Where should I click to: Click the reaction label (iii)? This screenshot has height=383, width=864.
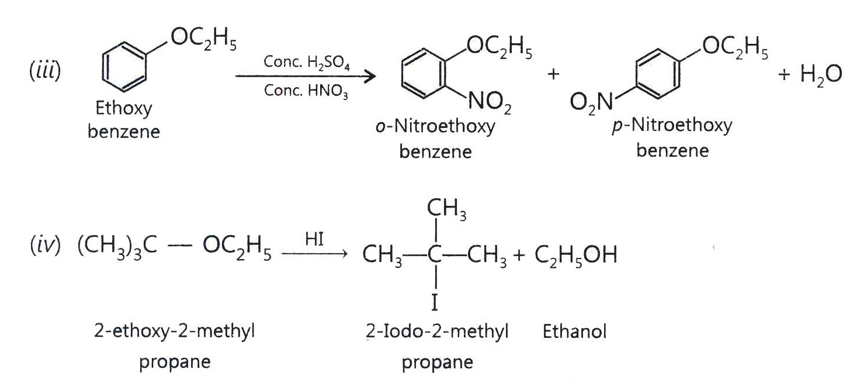point(45,71)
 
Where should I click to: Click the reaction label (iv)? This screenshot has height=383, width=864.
point(46,246)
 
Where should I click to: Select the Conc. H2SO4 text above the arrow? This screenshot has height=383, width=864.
point(307,63)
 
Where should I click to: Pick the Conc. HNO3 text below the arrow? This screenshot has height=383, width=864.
point(306,91)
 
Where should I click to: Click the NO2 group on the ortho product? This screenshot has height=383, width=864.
point(490,103)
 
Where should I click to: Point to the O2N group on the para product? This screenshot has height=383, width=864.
point(591,103)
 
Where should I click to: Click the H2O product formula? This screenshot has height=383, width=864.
point(821,74)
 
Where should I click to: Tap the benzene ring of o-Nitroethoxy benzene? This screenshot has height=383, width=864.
point(402,73)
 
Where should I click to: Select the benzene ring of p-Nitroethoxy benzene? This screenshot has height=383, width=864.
point(636,73)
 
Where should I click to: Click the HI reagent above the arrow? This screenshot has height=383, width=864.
point(314,239)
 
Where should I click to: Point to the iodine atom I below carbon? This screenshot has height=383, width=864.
point(435,302)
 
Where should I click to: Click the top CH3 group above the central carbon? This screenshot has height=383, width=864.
point(446,209)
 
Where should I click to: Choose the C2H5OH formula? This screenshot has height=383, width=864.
point(576,255)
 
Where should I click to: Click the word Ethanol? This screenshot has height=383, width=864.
point(574,332)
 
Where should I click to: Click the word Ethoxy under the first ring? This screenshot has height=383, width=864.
point(124,108)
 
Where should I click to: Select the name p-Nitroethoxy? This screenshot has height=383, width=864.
point(672,126)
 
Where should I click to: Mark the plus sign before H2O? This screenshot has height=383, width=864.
point(784,74)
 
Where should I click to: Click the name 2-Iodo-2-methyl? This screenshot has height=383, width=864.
point(437,332)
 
